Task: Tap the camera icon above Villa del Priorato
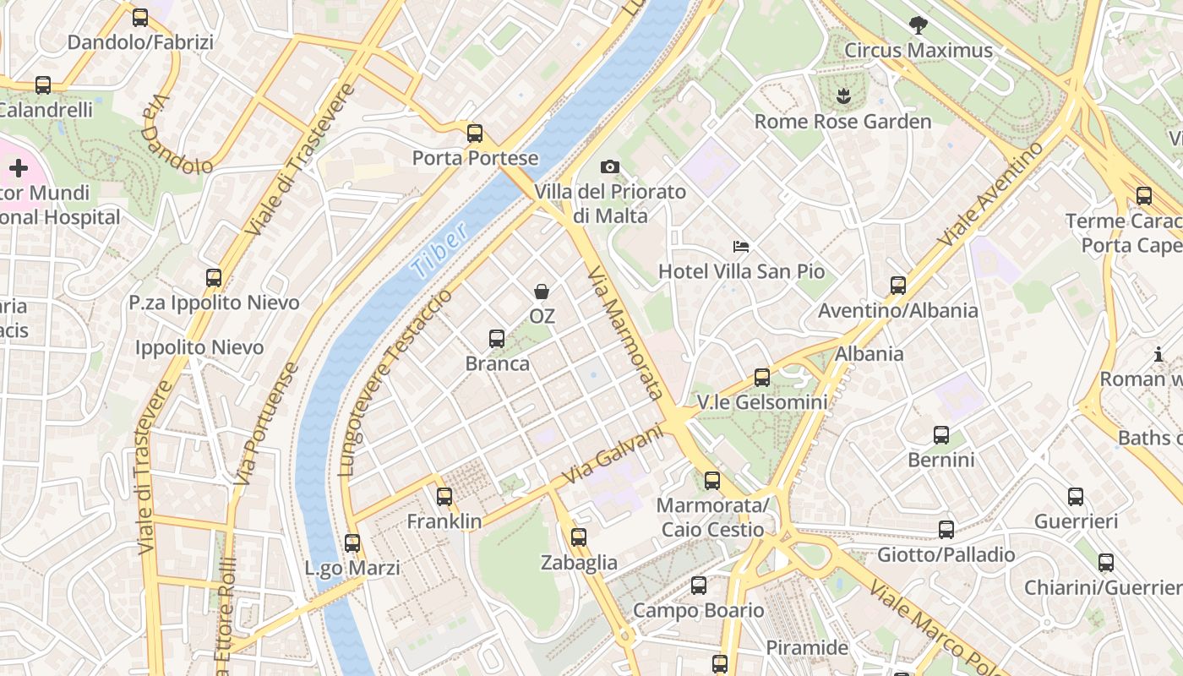[x=609, y=167]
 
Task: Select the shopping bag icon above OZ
[x=542, y=292]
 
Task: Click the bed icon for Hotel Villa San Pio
[x=741, y=247]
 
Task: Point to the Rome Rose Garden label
[x=842, y=122]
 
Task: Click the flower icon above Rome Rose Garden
[x=842, y=96]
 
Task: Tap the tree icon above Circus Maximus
[x=918, y=25]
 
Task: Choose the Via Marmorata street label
[x=624, y=333]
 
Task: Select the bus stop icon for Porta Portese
[x=475, y=133]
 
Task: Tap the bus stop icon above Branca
[x=497, y=339]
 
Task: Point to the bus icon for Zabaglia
[x=579, y=537]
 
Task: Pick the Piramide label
[x=806, y=648]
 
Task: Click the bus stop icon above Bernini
[x=941, y=435]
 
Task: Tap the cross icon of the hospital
[x=19, y=168]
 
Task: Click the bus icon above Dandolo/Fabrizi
[x=140, y=17]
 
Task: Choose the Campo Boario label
[x=698, y=610]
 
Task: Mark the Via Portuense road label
[x=266, y=423]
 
